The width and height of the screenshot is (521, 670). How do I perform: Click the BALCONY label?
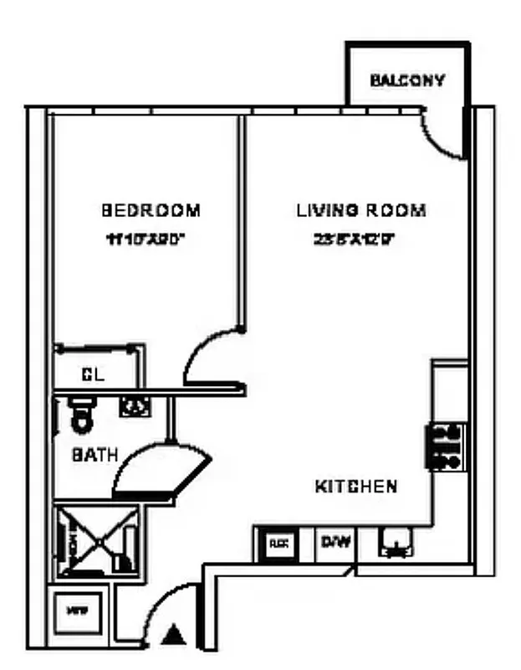point(407,81)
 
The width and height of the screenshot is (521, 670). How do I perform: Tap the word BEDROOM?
point(151,210)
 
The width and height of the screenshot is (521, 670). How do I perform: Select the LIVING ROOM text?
point(360,210)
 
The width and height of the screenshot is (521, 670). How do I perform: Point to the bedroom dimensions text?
point(145,239)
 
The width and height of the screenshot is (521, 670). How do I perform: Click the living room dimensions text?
point(354,239)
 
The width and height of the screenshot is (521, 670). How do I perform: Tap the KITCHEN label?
point(355,486)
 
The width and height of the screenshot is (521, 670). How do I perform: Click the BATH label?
point(94,456)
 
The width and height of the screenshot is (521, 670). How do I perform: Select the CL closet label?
point(92,375)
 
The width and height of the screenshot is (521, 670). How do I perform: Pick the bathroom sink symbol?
point(135,406)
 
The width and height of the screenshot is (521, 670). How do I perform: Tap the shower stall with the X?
point(97,539)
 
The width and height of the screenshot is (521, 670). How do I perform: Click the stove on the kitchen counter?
point(447,446)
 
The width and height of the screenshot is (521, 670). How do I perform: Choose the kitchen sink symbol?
point(396,544)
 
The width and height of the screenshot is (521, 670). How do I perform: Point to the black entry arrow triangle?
point(175,635)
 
